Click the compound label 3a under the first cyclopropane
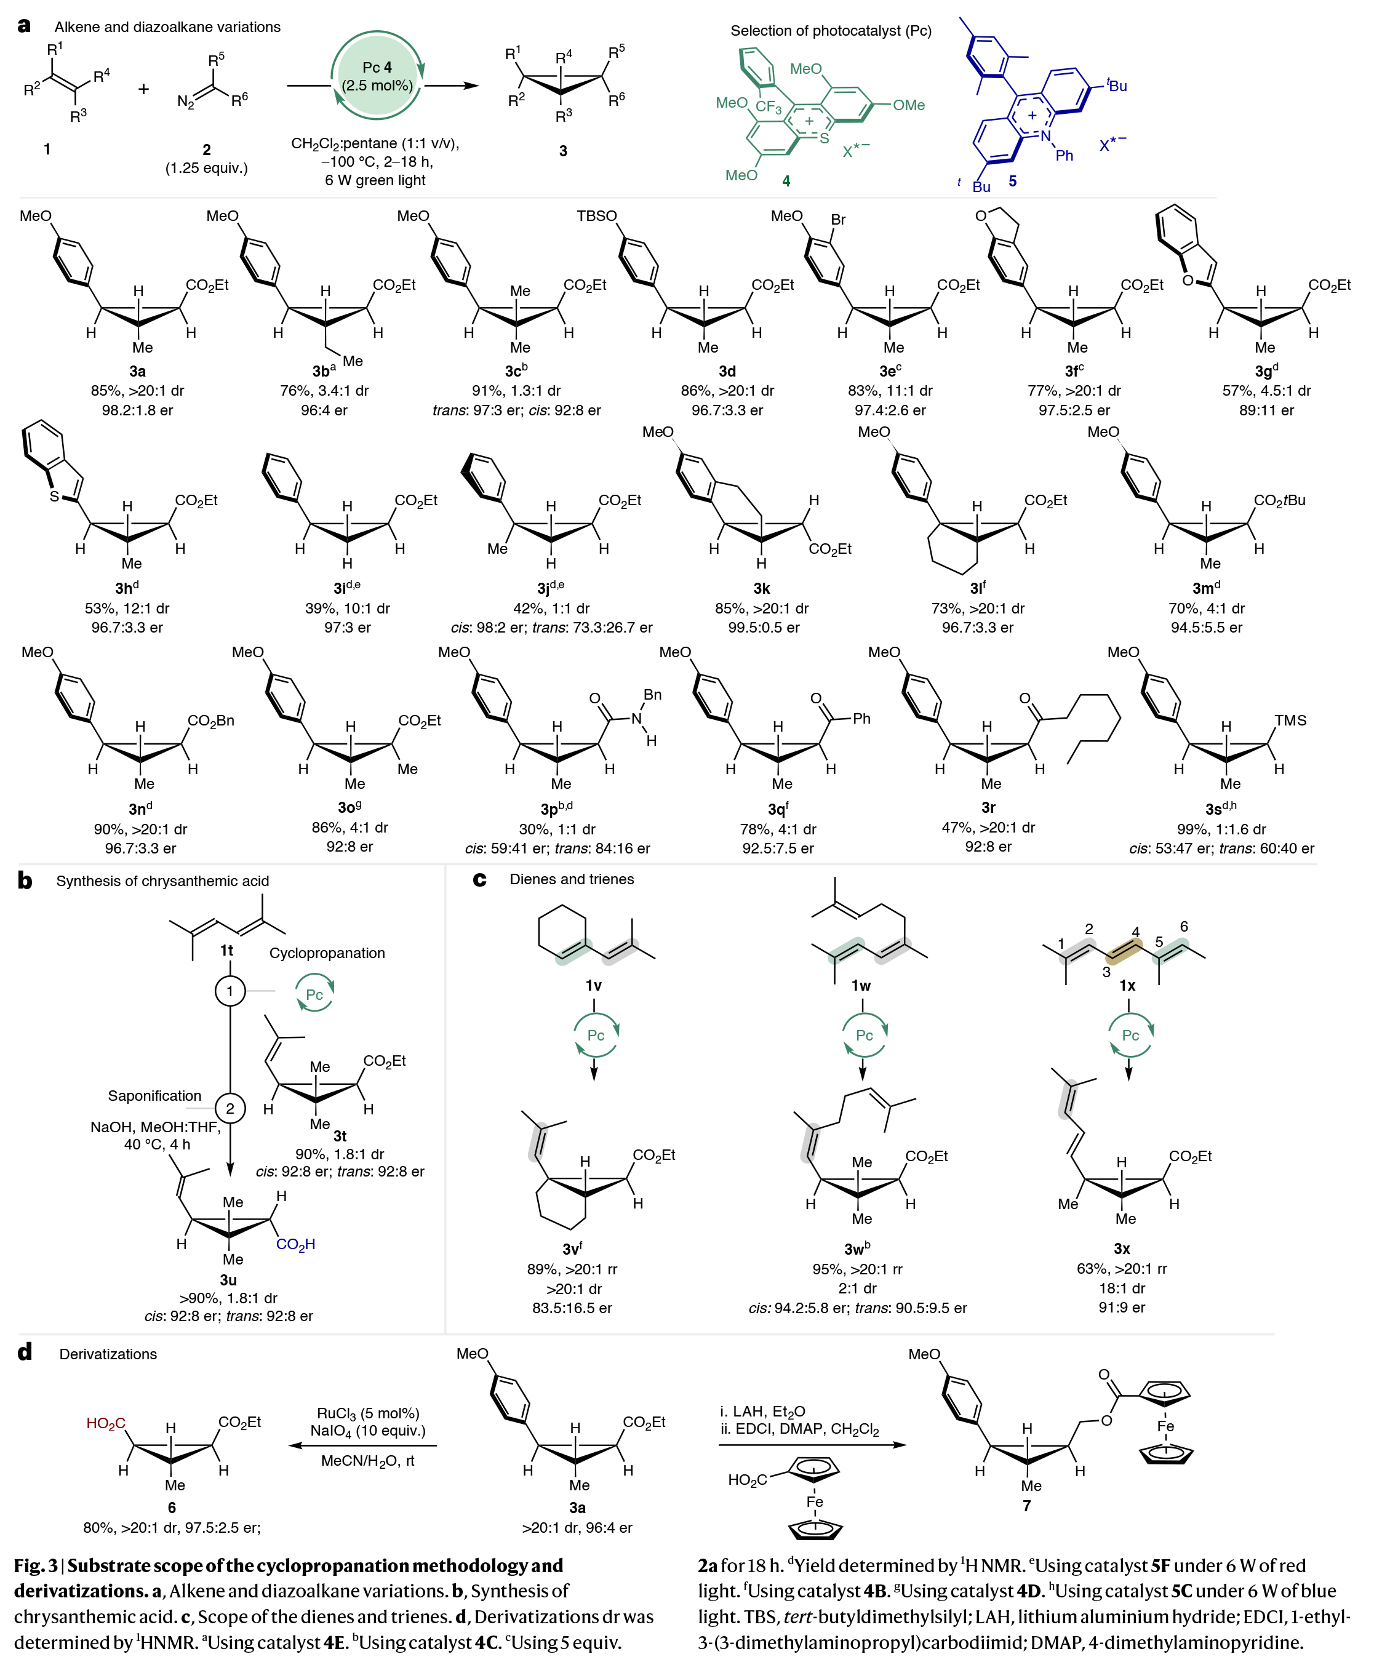tap(138, 371)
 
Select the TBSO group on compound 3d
tap(597, 216)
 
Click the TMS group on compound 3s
tap(1290, 720)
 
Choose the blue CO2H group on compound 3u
tap(295, 1244)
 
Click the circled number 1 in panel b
tap(230, 991)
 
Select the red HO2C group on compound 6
tap(106, 1424)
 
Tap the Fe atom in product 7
tap(1166, 1426)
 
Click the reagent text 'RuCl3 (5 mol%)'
tap(368, 1413)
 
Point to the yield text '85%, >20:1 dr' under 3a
tap(138, 391)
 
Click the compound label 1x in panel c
tap(1127, 985)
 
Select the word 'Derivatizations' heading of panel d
tap(108, 1354)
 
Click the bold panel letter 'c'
tap(479, 879)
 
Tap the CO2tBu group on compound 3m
tap(1279, 500)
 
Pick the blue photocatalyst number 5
tap(1012, 182)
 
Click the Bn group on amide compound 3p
tap(652, 694)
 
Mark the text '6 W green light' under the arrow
tap(375, 180)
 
